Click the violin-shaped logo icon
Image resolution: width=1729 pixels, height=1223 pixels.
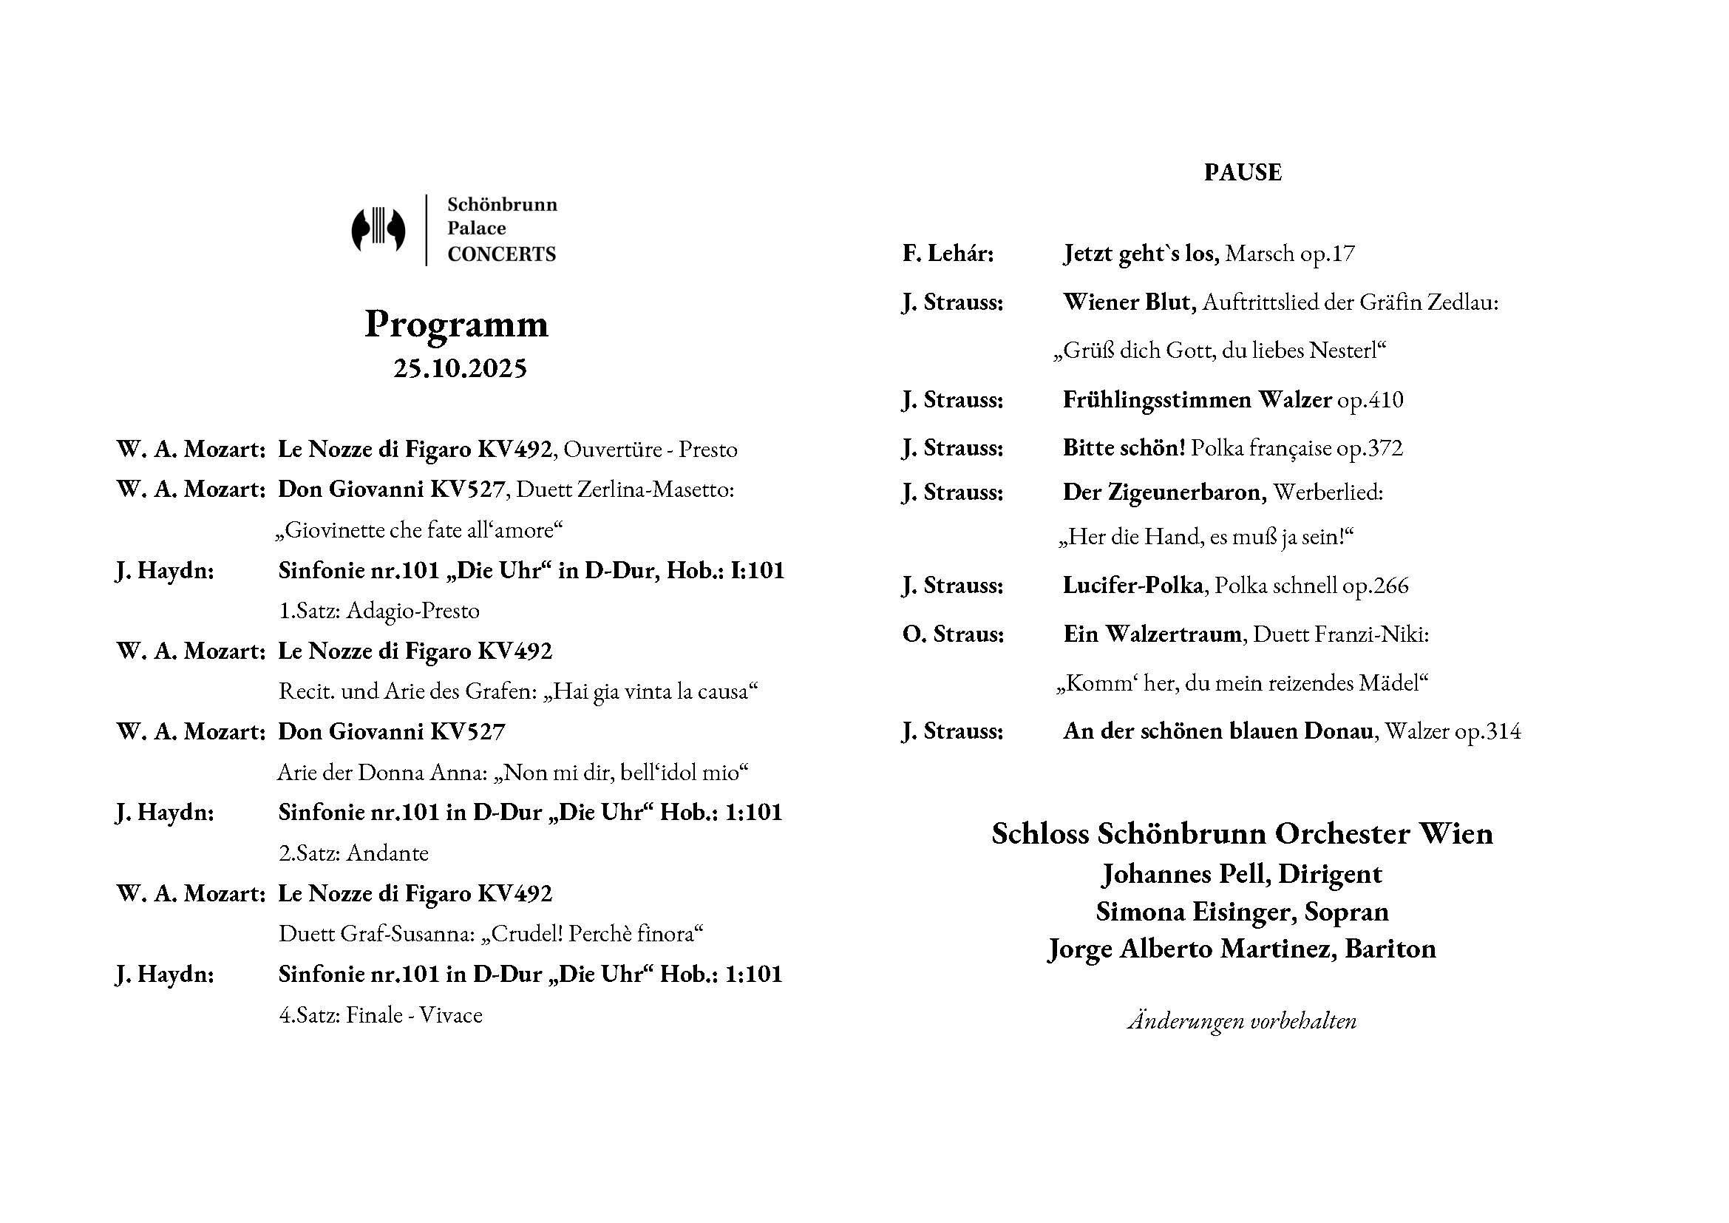tap(378, 229)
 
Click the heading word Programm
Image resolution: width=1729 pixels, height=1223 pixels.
tap(456, 324)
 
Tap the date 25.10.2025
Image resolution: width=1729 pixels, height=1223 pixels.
tap(459, 368)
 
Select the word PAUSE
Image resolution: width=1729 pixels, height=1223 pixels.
tap(1243, 172)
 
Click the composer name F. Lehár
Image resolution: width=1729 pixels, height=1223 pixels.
tap(948, 254)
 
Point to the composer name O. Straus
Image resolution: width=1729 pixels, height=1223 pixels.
tap(953, 634)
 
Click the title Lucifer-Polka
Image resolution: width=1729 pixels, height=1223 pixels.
tap(1132, 585)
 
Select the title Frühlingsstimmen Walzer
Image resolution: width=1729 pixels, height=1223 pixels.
tap(1197, 399)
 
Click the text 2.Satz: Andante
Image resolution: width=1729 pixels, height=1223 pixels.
tap(353, 853)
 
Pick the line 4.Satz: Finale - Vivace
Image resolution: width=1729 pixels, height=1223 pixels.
tap(380, 1015)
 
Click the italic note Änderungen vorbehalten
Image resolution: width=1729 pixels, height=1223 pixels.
tap(1242, 1021)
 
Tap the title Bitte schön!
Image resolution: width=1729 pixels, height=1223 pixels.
tap(1124, 448)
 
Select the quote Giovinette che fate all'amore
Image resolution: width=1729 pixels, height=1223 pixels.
tap(419, 530)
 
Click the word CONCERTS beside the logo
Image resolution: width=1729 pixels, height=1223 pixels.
tap(501, 254)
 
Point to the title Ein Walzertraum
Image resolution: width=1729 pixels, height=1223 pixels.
tap(1152, 634)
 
